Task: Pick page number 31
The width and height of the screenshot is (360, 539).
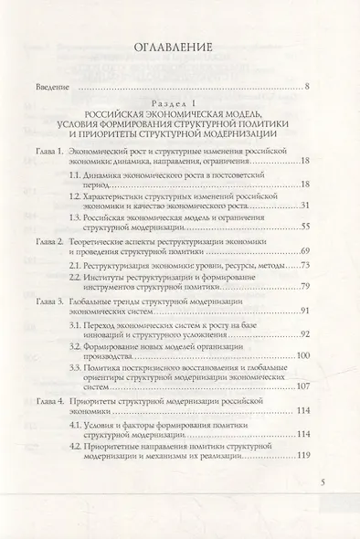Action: [306, 205]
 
